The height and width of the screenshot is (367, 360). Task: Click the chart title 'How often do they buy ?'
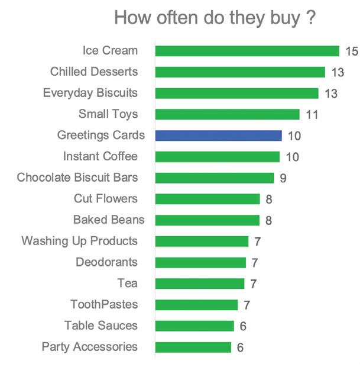215,18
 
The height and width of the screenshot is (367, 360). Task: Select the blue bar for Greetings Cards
219,136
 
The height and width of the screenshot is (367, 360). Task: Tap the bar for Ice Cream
247,51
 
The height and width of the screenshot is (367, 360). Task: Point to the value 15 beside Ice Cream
352,51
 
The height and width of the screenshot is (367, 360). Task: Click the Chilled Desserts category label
94,72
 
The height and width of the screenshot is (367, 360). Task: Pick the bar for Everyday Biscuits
237,94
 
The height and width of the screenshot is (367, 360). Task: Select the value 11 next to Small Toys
312,115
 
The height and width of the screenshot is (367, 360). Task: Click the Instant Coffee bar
218,157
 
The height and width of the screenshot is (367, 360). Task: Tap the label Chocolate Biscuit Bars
77,177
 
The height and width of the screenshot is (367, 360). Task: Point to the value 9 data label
283,178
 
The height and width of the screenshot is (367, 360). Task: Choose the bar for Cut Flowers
207,199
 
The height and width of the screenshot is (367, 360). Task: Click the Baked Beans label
109,220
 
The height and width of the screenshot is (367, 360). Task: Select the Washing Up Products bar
202,242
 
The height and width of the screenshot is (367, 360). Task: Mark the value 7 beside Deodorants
255,263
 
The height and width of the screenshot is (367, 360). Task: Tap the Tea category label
128,283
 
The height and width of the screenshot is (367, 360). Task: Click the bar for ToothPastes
196,305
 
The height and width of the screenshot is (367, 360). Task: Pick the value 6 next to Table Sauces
243,326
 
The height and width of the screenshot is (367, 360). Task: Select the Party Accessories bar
193,347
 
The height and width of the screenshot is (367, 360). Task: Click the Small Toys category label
108,114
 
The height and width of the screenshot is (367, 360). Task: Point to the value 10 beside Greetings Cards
294,136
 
